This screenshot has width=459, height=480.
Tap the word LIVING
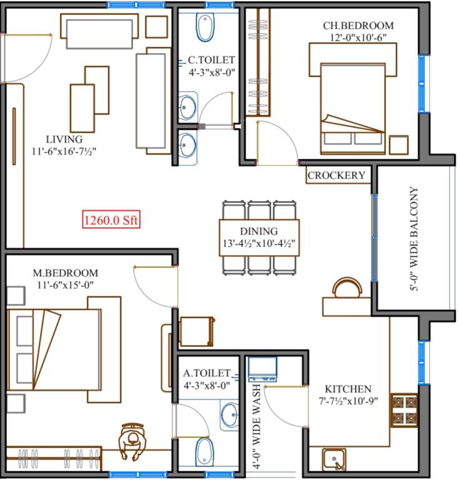click(x=64, y=139)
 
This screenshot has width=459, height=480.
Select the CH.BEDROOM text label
click(x=358, y=26)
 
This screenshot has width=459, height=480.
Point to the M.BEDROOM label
click(x=66, y=273)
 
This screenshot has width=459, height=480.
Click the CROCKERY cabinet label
click(x=336, y=176)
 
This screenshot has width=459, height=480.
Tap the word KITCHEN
click(x=347, y=389)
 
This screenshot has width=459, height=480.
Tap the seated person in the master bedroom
click(x=133, y=441)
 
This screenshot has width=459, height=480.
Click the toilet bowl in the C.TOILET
click(x=205, y=27)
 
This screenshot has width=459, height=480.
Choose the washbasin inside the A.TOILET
click(x=230, y=414)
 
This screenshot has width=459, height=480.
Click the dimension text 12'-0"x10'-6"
click(x=357, y=37)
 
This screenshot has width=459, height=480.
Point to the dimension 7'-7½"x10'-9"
click(x=347, y=401)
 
